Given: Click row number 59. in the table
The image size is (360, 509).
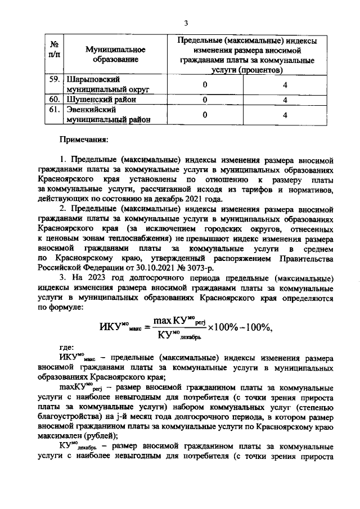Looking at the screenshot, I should [55, 80].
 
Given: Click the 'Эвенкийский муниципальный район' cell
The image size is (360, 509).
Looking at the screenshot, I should [107, 115].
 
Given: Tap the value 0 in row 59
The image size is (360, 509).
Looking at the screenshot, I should [205, 84].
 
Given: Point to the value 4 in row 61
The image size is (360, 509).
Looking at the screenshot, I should [285, 115].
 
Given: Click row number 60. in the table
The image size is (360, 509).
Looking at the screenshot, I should [55, 100].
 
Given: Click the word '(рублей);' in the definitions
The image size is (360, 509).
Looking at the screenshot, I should [102, 436].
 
